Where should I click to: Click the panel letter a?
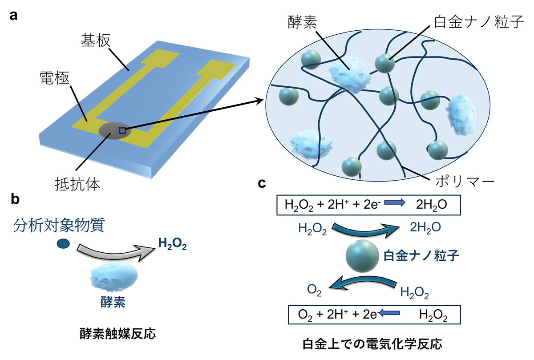pos(14,16)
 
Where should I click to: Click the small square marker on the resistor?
pos(122,130)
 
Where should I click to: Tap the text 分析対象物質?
pos(59,226)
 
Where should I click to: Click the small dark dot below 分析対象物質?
pos(64,243)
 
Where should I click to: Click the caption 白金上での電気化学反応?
pos(373,344)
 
